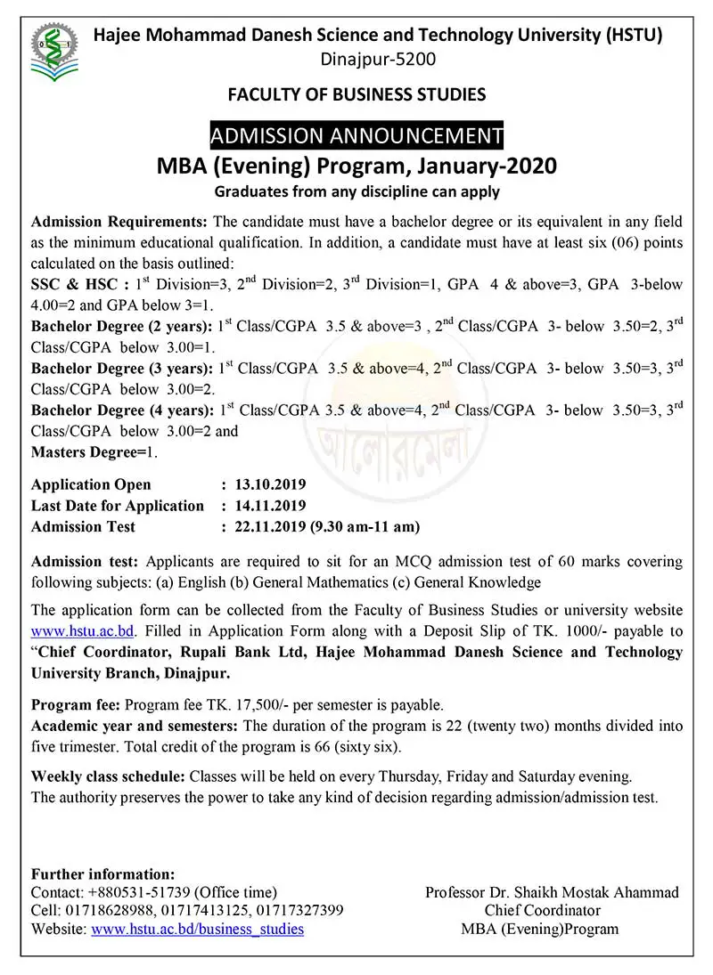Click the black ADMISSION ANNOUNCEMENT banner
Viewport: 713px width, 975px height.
[x=356, y=135]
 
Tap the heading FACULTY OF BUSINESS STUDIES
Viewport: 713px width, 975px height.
[x=356, y=93]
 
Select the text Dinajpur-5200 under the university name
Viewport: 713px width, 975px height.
[x=356, y=60]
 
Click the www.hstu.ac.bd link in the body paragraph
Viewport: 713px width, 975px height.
[x=82, y=631]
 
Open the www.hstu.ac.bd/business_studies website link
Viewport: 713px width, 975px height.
[x=197, y=930]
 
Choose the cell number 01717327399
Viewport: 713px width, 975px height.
[x=302, y=911]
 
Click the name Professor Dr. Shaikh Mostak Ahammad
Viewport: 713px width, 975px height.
[x=552, y=892]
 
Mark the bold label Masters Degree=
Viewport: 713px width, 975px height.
[x=88, y=452]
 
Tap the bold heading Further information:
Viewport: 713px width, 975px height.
[x=102, y=873]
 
